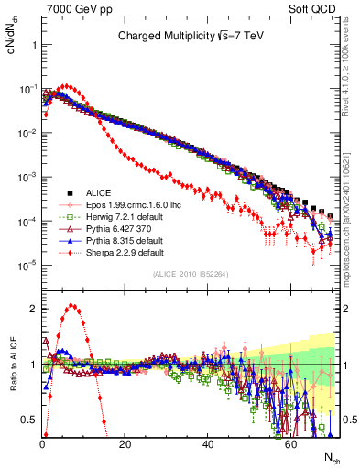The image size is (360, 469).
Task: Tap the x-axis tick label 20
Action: pyautogui.click(x=125, y=444)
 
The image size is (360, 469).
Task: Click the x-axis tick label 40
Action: pyautogui.click(x=208, y=444)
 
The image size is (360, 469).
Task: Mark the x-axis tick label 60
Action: pyautogui.click(x=290, y=444)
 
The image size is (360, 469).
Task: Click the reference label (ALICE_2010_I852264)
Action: pyautogui.click(x=190, y=274)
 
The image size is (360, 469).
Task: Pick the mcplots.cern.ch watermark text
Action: pyautogui.click(x=349, y=229)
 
